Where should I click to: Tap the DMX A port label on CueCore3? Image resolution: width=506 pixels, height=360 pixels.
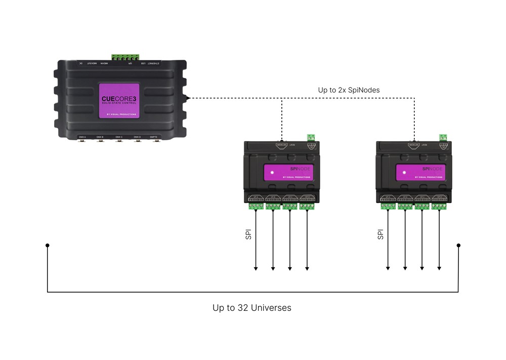tap(82, 137)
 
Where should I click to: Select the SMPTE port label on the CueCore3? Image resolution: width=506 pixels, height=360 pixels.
tap(153, 137)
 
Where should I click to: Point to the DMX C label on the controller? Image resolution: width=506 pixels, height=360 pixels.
tap(118, 137)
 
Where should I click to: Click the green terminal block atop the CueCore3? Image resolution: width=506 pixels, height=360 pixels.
tap(125, 57)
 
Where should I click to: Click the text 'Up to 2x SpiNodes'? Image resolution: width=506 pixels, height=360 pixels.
tap(349, 90)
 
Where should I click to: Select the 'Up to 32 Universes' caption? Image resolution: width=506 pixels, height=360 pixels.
tap(252, 307)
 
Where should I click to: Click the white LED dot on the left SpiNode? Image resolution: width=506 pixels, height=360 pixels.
tap(271, 173)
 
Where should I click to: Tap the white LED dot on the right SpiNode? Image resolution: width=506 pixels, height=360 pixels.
tap(404, 173)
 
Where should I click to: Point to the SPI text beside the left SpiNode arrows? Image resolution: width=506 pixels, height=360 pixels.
tap(247, 234)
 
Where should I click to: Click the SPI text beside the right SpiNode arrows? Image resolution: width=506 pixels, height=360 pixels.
tap(380, 234)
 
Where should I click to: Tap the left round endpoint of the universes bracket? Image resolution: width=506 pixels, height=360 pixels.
tap(48, 246)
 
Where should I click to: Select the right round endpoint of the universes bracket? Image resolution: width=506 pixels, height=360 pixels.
tap(458, 246)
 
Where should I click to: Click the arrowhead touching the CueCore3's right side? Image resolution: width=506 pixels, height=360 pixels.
tap(188, 98)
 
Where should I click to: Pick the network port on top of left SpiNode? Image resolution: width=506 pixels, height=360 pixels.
tap(281, 144)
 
